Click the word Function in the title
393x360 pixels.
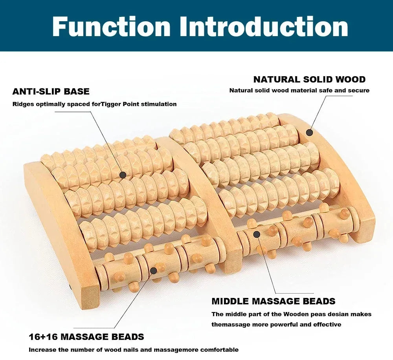click(111, 27)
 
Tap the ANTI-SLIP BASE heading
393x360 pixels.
click(51, 91)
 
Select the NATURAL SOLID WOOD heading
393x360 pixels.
click(309, 79)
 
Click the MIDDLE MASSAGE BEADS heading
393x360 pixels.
click(274, 302)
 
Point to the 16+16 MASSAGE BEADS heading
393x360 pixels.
click(86, 337)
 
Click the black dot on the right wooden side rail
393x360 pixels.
click(309, 133)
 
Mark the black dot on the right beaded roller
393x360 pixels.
click(256, 234)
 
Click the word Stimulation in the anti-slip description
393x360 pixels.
click(160, 104)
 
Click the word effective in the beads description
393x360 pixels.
click(328, 325)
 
